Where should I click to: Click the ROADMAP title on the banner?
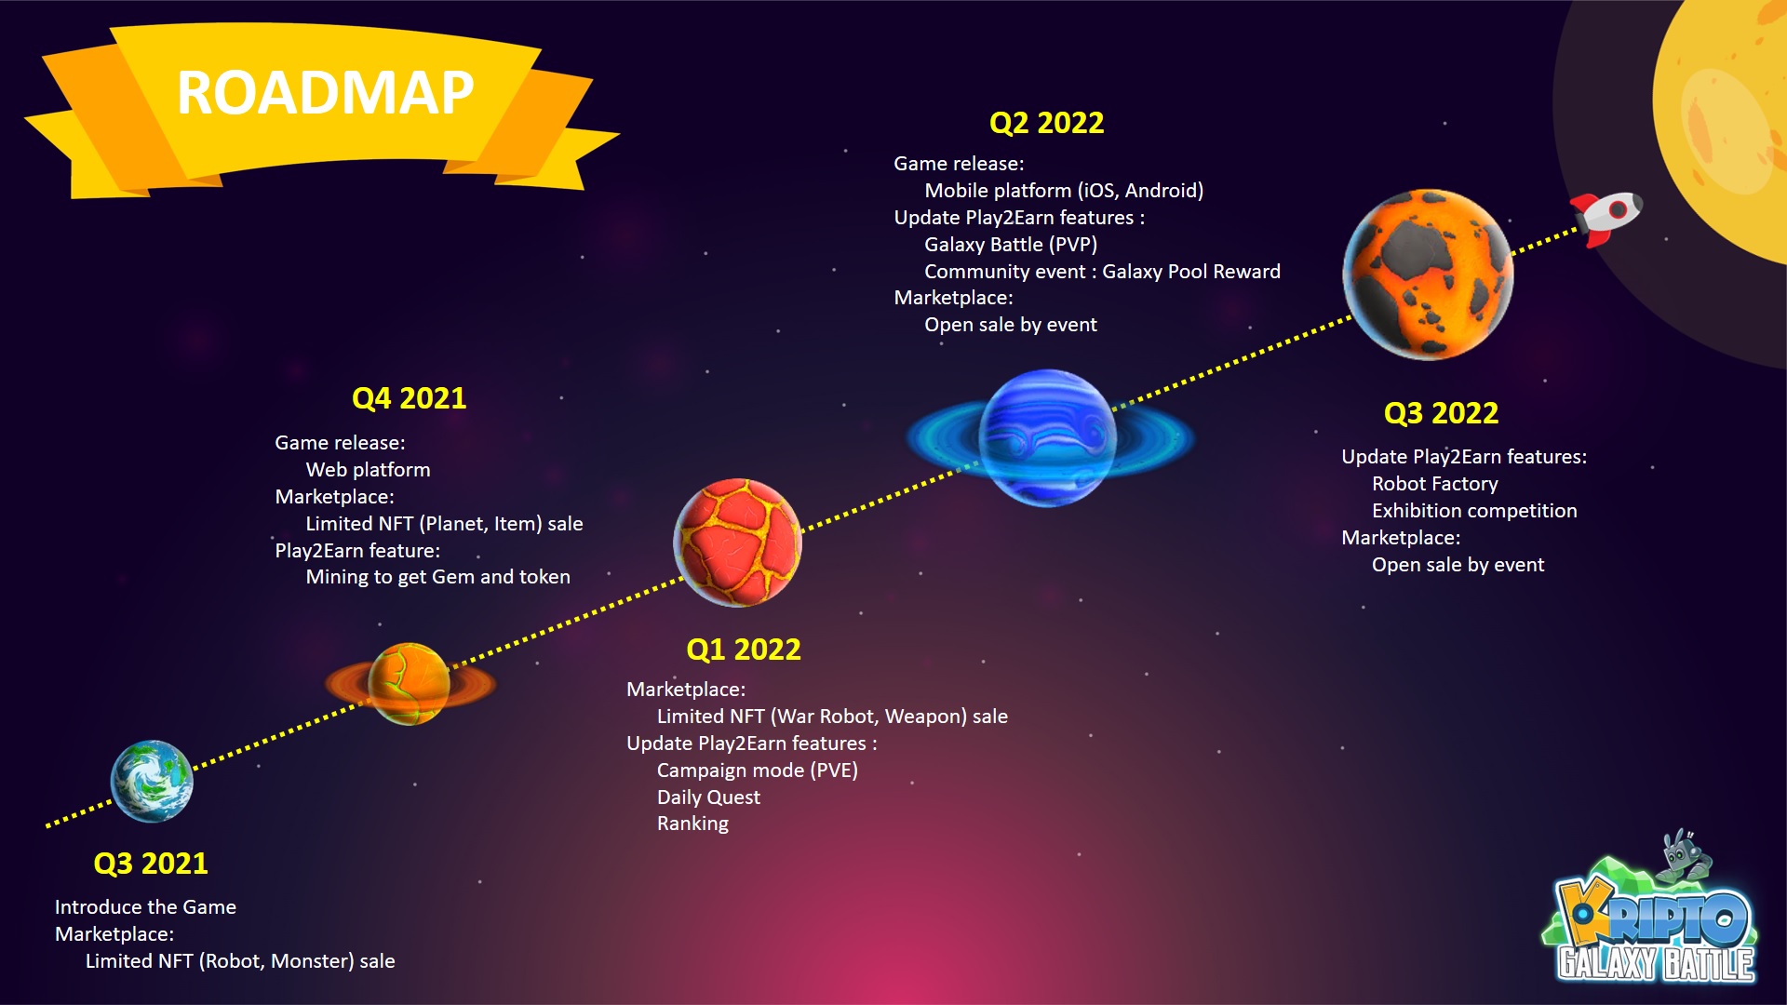[325, 93]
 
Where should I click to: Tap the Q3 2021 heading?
[151, 864]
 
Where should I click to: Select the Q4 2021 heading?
[409, 398]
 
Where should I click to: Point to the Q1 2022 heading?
[743, 650]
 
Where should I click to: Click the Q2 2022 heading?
[1046, 123]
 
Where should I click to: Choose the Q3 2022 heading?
[1441, 413]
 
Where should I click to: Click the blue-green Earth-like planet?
[152, 781]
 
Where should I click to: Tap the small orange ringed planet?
[410, 684]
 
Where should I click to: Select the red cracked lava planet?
[737, 543]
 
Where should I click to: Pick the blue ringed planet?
[1048, 438]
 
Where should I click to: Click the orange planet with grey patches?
[1428, 275]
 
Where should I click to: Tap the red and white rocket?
[1607, 217]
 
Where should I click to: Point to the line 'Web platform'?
[368, 470]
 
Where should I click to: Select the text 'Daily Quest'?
[708, 797]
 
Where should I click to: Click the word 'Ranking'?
[692, 824]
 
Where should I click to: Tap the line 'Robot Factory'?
[1434, 484]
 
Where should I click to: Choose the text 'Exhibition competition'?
[1474, 511]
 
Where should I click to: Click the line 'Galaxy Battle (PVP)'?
[1010, 245]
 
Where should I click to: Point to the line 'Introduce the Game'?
[145, 907]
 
